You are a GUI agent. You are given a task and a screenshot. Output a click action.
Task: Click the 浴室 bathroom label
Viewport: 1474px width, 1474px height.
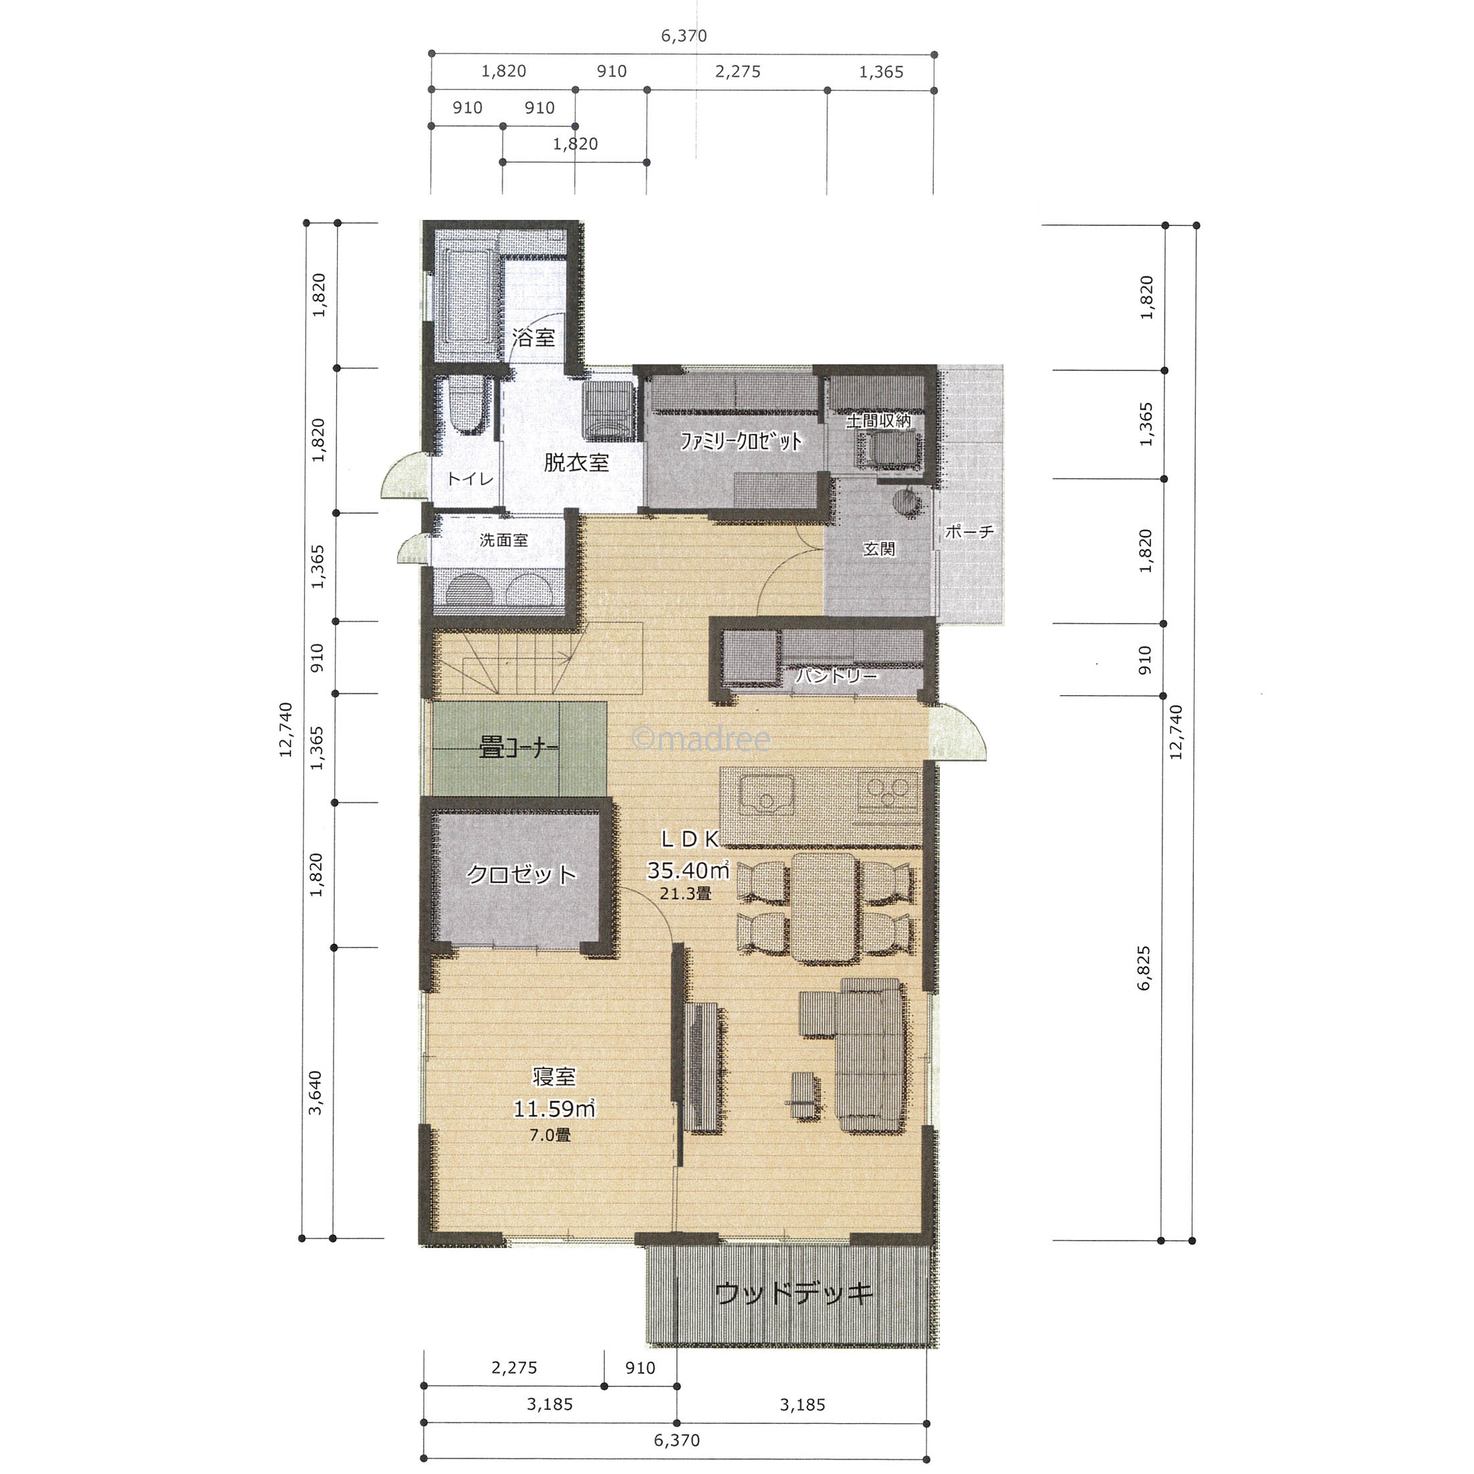[533, 337]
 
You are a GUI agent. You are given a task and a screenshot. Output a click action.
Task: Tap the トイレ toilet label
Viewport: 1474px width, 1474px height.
[470, 479]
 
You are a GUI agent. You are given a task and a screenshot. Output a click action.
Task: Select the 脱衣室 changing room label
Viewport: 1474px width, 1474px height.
[576, 463]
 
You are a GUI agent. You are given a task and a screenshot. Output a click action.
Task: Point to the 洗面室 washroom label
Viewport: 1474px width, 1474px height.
[503, 540]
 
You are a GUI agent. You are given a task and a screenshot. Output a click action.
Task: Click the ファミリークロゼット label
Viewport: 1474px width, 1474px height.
[741, 441]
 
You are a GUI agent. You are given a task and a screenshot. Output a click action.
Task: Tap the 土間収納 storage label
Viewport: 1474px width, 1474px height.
[878, 420]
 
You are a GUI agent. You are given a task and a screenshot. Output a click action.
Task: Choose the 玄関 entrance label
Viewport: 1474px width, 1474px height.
[879, 549]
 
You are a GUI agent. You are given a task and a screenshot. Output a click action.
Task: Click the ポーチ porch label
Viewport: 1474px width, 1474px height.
[969, 531]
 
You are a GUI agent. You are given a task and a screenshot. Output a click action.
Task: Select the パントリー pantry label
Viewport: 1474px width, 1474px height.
[836, 676]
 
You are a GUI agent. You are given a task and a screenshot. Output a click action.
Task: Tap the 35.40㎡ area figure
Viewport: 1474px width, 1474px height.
[688, 870]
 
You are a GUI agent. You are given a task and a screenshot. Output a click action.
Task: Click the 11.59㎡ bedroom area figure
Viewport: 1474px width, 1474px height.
[554, 1108]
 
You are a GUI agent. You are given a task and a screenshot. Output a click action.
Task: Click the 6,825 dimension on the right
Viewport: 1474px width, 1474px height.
[1144, 967]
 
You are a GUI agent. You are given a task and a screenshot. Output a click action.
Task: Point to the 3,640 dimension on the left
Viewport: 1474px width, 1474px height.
[315, 1092]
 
